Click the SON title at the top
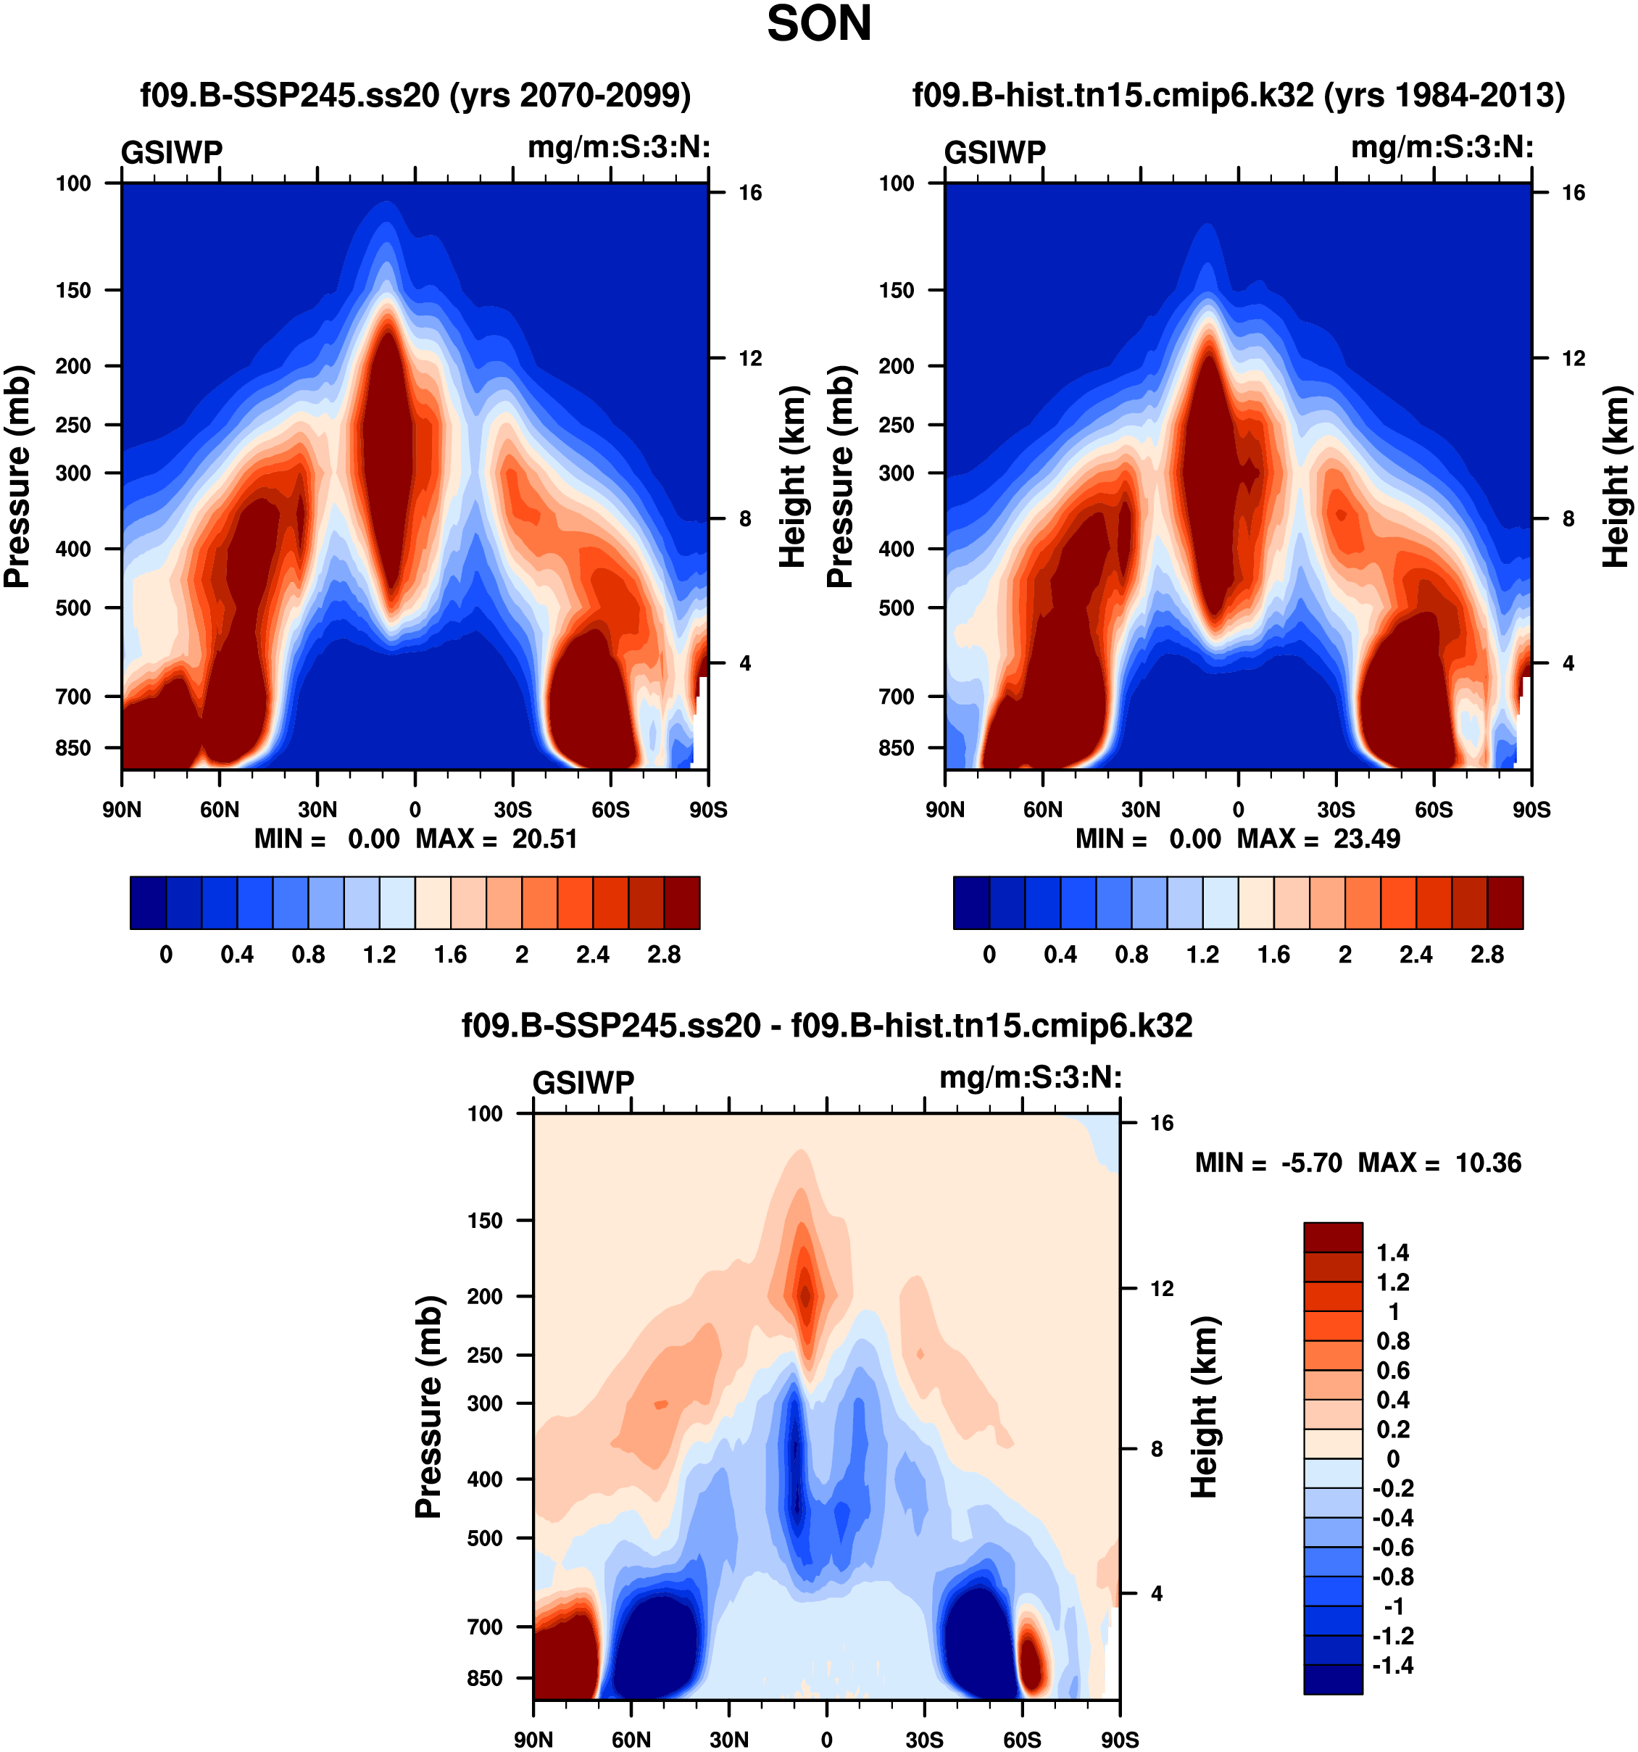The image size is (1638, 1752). pyautogui.click(x=818, y=25)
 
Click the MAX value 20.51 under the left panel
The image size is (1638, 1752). pyautogui.click(x=544, y=838)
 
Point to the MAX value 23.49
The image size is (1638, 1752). pyautogui.click(x=1365, y=838)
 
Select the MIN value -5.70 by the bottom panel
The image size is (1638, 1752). pyautogui.click(x=1312, y=1163)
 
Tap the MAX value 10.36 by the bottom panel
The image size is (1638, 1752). pyautogui.click(x=1487, y=1163)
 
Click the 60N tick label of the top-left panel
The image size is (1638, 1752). pyautogui.click(x=220, y=809)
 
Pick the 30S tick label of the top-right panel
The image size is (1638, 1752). pyautogui.click(x=1336, y=809)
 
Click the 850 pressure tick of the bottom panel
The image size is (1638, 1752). pyautogui.click(x=485, y=1678)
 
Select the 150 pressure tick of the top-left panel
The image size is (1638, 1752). pyautogui.click(x=73, y=290)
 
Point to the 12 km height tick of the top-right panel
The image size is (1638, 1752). pyautogui.click(x=1573, y=358)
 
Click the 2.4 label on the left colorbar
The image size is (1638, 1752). pyautogui.click(x=593, y=955)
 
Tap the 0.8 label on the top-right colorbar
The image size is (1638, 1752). pyautogui.click(x=1131, y=955)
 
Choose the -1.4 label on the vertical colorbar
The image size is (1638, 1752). pyautogui.click(x=1392, y=1665)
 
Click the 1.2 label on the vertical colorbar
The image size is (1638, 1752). pyautogui.click(x=1392, y=1282)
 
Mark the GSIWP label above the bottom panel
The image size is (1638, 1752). pyautogui.click(x=583, y=1082)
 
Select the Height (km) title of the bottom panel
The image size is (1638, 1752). pyautogui.click(x=1205, y=1408)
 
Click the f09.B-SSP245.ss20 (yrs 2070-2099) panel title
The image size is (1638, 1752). pyautogui.click(x=415, y=94)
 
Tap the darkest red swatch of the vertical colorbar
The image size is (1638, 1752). pyautogui.click(x=1333, y=1237)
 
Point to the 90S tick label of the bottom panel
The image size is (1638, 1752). pyautogui.click(x=1119, y=1740)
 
